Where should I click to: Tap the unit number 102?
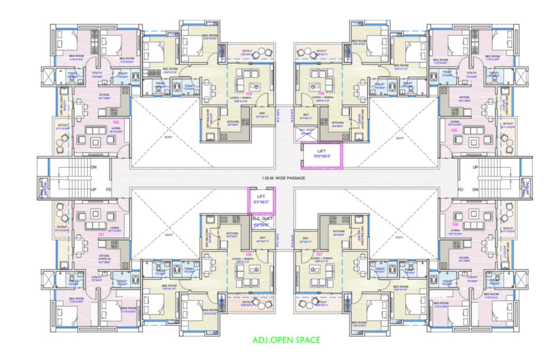[x=116, y=123]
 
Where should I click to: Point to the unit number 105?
[x=454, y=130]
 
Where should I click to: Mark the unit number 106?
[x=455, y=224]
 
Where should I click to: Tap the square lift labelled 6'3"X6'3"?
[x=261, y=199]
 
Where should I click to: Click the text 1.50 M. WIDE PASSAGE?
[x=282, y=178]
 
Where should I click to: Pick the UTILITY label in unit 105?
[x=472, y=74]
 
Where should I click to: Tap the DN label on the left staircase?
[x=94, y=167]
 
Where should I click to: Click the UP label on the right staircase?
[x=475, y=167]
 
